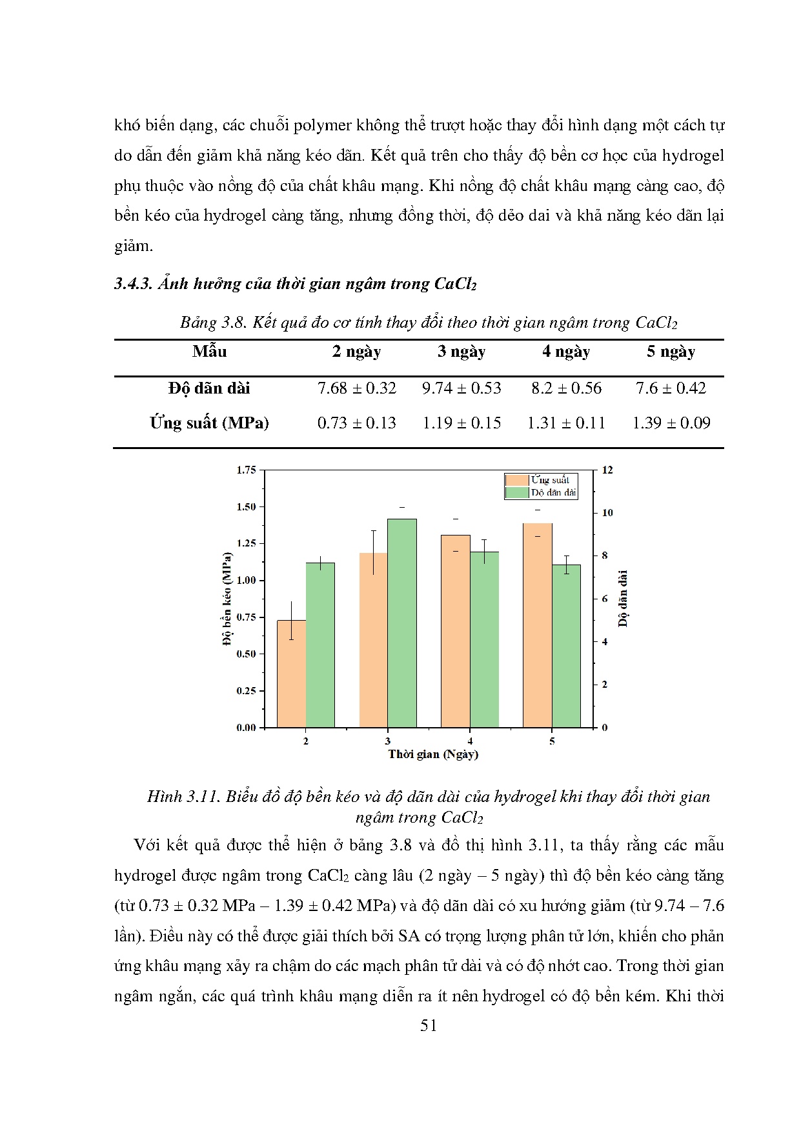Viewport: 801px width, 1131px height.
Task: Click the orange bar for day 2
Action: [x=291, y=674]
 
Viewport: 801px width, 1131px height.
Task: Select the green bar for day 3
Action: [x=401, y=623]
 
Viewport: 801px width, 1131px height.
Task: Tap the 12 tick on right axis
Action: [x=607, y=470]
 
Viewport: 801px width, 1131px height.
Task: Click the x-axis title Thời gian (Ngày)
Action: [x=432, y=754]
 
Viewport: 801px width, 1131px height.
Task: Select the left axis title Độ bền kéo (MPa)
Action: [x=227, y=598]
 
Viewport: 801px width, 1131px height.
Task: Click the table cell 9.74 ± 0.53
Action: [x=461, y=388]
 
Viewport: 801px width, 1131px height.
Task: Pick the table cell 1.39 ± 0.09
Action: [x=671, y=423]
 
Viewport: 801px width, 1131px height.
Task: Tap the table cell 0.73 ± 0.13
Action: [x=356, y=423]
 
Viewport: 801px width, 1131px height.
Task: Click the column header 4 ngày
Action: [x=566, y=352]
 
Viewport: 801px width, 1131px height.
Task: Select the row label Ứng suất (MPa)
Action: [x=209, y=423]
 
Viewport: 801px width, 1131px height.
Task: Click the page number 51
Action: [x=429, y=1026]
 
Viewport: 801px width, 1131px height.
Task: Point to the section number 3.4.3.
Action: [x=133, y=284]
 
